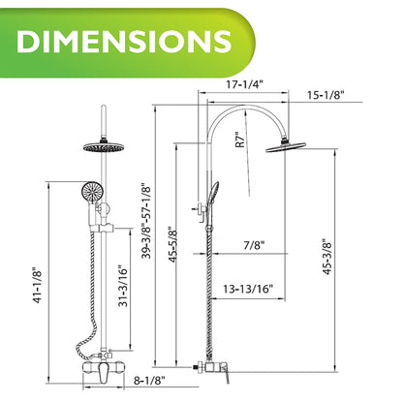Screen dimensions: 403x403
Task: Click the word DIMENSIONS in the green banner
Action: [x=124, y=42]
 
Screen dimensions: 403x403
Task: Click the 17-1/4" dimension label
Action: [x=245, y=84]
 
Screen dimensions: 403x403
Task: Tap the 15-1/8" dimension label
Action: [x=325, y=95]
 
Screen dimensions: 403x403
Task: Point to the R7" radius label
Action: [x=240, y=139]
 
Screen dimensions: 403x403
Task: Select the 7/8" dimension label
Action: [x=254, y=245]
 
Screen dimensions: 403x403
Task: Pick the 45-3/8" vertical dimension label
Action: [x=327, y=257]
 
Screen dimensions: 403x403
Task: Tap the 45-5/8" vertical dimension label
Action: [x=173, y=245]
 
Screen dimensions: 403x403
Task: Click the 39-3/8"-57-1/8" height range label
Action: [x=146, y=221]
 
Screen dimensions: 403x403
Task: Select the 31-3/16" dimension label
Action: [x=123, y=286]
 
